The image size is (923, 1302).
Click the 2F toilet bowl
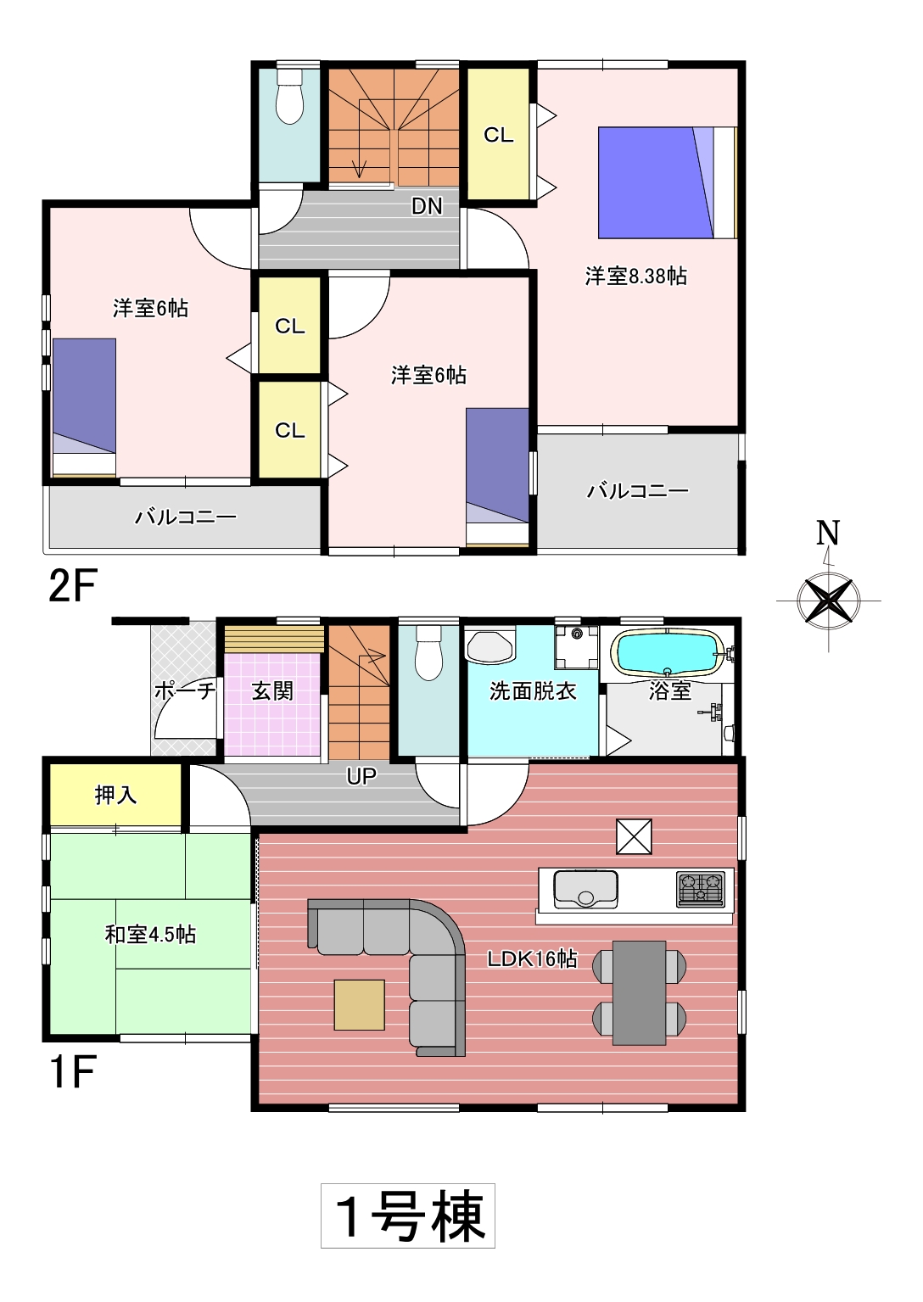289,97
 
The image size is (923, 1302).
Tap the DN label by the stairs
427,206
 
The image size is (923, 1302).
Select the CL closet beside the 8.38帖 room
499,135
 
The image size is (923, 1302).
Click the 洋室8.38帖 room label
636,277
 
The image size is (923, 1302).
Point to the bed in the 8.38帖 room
668,182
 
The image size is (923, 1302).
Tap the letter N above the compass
828,533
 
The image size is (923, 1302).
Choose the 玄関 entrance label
272,691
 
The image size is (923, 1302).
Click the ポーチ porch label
185,691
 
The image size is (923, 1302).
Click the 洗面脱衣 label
533,691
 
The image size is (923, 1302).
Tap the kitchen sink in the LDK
585,889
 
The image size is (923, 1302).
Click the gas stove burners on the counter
701,889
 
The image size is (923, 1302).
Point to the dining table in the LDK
640,992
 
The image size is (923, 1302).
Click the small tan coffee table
359,1005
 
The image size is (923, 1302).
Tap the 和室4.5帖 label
150,935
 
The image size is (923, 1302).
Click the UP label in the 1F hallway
361,777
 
